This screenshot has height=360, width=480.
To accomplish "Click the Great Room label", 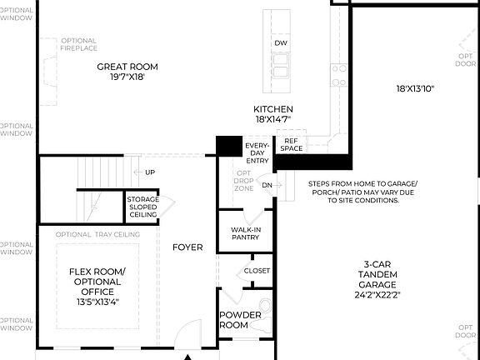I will coord(127,67).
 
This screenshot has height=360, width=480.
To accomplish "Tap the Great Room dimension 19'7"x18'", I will coord(127,77).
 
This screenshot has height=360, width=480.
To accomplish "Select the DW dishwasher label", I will coord(280,43).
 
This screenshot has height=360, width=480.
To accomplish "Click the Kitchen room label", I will coord(273,109).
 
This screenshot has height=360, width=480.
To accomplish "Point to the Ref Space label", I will coord(291,144).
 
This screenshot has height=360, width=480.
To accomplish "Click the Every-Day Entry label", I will coord(257,153).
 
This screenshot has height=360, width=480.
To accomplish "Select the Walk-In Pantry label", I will coord(245,232).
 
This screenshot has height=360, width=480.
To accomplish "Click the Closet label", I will coord(257,271).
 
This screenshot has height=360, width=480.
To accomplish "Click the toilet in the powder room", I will coord(265,306).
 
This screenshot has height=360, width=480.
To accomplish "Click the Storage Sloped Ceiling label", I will coord(142,207).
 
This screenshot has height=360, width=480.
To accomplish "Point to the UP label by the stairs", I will coord(150,172).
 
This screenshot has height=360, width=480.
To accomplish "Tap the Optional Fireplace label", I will coord(78,44).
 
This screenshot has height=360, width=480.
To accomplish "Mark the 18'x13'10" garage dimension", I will coord(415,88).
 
